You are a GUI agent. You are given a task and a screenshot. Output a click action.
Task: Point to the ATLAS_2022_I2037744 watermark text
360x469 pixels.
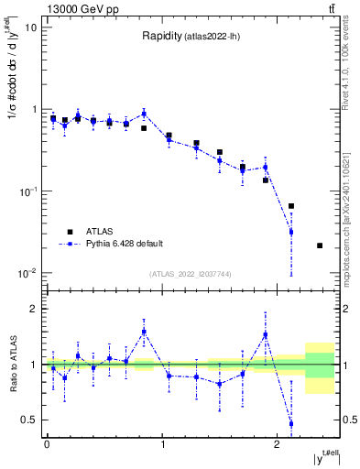pos(191,274)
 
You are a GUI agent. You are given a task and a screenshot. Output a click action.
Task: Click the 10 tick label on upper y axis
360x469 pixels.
pos(31,27)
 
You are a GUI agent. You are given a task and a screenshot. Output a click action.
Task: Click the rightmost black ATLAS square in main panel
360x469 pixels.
pos(320,245)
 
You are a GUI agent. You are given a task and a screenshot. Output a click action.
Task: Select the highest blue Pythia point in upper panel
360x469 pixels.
pos(144,114)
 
